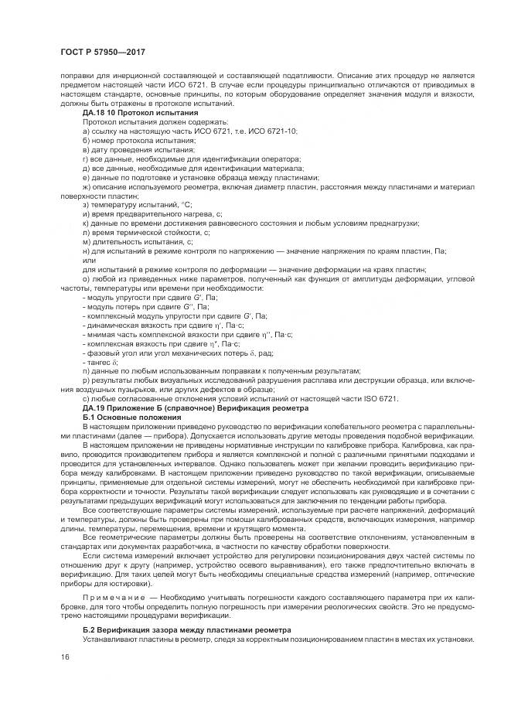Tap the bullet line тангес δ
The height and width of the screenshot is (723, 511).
101,361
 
